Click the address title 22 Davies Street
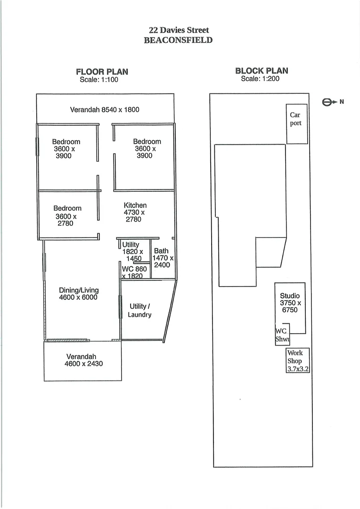coord(179,31)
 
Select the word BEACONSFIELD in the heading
coord(179,40)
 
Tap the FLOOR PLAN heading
coord(102,72)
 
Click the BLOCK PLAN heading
coord(262,71)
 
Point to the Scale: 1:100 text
coord(99,80)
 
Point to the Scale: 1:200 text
coord(260,79)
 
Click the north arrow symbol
coord(330,101)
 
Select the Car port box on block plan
coord(297,124)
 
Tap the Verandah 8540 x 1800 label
coord(105,110)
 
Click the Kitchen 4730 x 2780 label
coord(135,213)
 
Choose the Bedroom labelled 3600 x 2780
coord(67,216)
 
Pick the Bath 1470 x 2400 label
coord(162,258)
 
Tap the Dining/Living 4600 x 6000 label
coord(79,294)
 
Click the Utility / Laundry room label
coord(140,311)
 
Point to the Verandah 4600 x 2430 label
coord(83,360)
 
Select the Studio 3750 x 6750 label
coord(290,303)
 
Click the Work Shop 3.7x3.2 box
coord(298,361)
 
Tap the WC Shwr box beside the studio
coord(282,335)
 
